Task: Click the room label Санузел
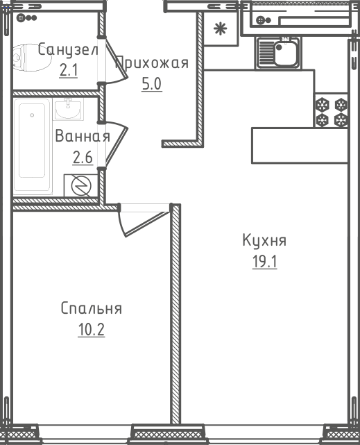pos(68,49)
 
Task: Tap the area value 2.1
pos(69,70)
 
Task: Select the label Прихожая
pos(152,62)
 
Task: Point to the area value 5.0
pos(152,84)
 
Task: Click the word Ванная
pos(83,136)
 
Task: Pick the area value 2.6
pos(83,157)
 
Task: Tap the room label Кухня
pos(264,240)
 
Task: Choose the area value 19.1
pos(264,262)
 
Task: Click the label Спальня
pos(92,308)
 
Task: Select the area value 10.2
pos(92,330)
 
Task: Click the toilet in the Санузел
pos(32,58)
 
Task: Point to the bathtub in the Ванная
pos(33,146)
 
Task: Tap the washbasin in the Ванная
pos(68,109)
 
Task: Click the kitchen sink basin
pos(285,53)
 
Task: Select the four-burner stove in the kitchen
pos(331,110)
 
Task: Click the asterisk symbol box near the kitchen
pos(221,28)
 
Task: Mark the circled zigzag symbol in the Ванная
pos(81,185)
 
